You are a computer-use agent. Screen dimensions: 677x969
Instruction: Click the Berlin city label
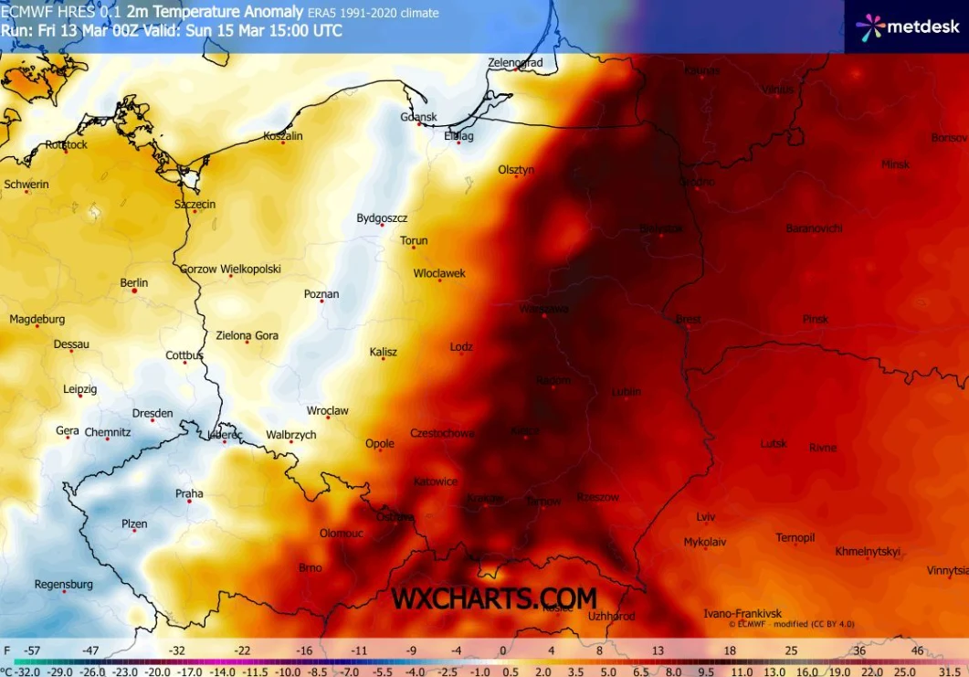coord(134,282)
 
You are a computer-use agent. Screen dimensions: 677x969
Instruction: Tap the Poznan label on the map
coord(321,294)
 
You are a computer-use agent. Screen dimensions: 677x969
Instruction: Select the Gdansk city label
coord(419,117)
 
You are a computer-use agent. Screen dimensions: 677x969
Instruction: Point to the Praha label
coord(189,493)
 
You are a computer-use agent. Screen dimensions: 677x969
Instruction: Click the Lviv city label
coord(706,516)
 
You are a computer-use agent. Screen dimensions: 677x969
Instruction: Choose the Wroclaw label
coord(328,410)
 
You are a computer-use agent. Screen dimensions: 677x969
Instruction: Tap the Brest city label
coord(688,319)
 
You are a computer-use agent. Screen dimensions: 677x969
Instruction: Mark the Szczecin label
coord(195,204)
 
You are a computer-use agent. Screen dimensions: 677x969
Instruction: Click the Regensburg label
coord(64,584)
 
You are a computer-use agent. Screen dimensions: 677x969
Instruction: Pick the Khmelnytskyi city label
coord(868,551)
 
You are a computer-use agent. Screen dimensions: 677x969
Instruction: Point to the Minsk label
coord(895,164)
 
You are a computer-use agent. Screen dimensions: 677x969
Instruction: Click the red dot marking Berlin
coord(135,291)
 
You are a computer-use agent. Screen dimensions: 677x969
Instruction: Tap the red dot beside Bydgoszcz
coord(383,225)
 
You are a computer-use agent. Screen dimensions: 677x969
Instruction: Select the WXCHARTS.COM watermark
coord(494,598)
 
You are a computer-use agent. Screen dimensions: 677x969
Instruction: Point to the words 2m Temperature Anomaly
coord(216,12)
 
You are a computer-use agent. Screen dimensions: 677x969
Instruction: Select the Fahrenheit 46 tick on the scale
coord(917,651)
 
